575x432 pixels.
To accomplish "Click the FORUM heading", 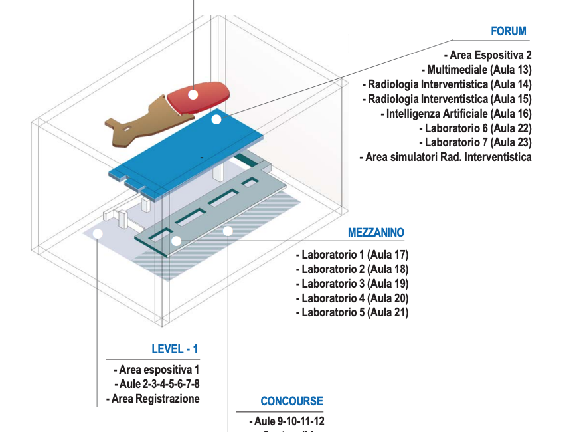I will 508,31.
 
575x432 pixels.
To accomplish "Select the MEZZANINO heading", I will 376,233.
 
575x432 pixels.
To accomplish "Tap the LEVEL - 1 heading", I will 175,349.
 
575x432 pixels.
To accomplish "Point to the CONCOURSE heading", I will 291,401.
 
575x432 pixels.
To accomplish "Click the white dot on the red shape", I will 193,94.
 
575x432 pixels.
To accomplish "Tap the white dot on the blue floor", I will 216,120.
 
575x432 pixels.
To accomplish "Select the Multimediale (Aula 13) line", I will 476,70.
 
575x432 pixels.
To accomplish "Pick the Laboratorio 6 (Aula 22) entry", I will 475,128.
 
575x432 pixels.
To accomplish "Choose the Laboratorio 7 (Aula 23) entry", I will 475,142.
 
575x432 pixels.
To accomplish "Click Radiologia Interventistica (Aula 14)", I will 447,84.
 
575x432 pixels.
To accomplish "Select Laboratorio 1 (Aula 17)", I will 352,255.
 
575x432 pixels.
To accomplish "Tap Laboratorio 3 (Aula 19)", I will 352,284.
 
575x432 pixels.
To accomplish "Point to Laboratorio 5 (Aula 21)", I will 352,312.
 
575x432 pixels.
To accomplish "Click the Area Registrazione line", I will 153,399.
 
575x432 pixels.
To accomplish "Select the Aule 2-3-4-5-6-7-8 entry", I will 157,384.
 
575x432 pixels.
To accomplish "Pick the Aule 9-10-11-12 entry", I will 287,421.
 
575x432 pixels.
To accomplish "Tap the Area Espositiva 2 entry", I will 487,56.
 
